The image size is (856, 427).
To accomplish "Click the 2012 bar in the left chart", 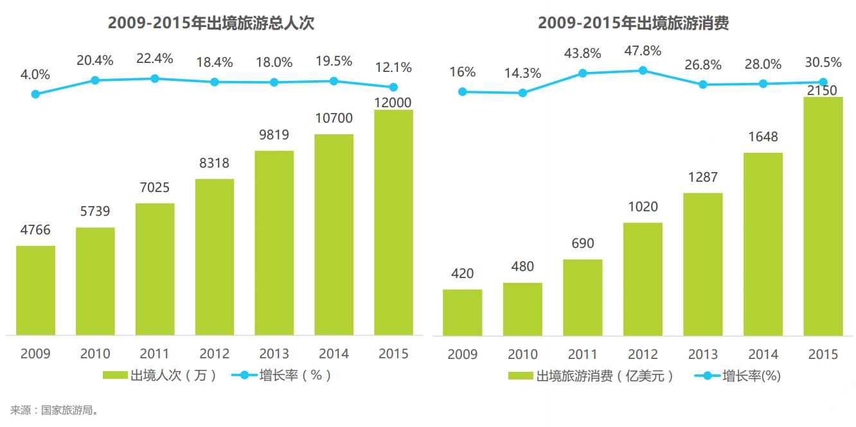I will pyautogui.click(x=215, y=257).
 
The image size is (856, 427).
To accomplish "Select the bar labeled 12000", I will pyautogui.click(x=393, y=222).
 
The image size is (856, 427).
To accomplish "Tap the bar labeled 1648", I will pyautogui.click(x=763, y=244).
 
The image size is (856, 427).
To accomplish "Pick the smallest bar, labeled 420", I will pyautogui.click(x=462, y=313).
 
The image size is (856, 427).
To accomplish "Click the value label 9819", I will pyautogui.click(x=274, y=135).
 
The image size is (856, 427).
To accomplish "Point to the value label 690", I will pyautogui.click(x=582, y=243).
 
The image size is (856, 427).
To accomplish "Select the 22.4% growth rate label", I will pyautogui.click(x=155, y=58).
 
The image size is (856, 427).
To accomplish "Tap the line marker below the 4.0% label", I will pyautogui.click(x=35, y=94).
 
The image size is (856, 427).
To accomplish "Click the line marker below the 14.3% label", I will pyautogui.click(x=522, y=92).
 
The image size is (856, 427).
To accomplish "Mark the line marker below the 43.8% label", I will pyautogui.click(x=583, y=73).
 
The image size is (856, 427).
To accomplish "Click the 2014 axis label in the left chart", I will pyautogui.click(x=334, y=354).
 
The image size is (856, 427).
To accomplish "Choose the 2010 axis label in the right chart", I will pyautogui.click(x=522, y=354).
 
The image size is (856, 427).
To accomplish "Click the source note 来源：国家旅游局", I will pyautogui.click(x=54, y=410).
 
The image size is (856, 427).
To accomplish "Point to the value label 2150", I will pyautogui.click(x=823, y=91).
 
